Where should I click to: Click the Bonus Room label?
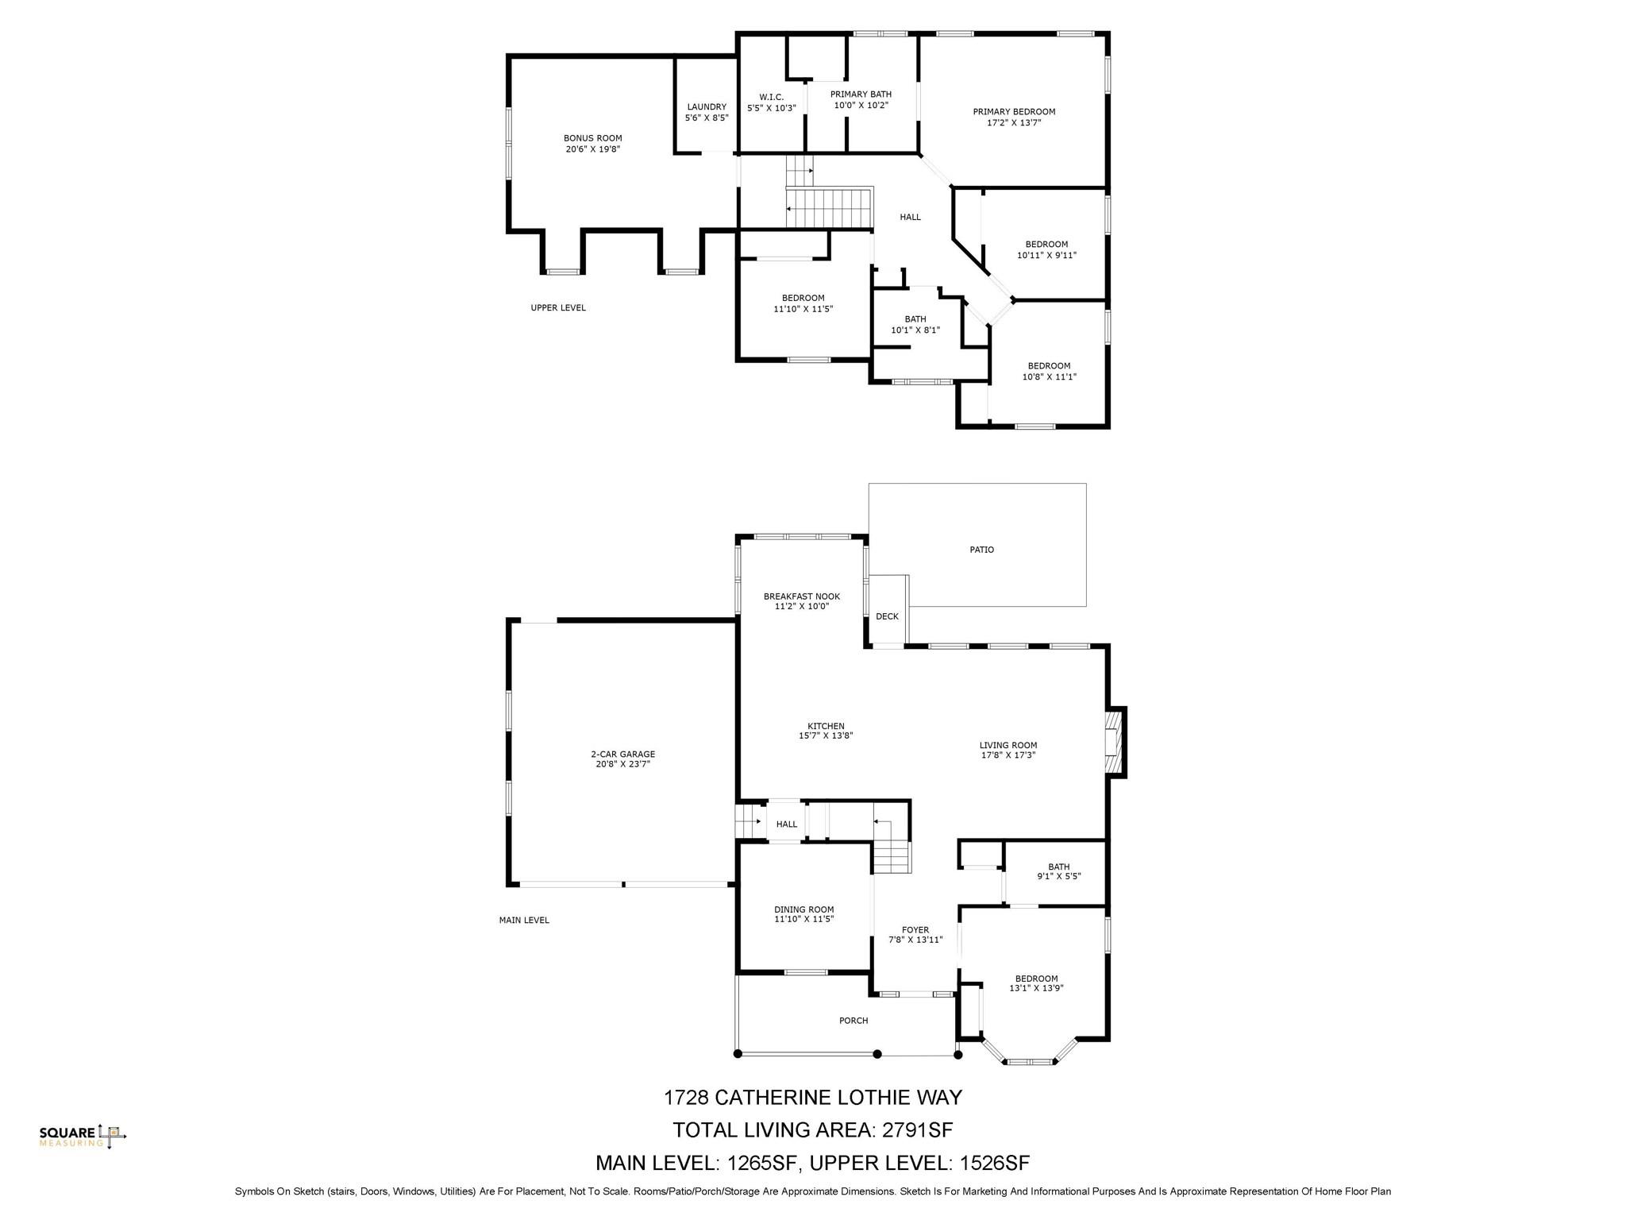coord(592,138)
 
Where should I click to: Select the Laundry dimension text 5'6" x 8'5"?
coord(707,118)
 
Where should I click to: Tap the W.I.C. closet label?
coord(771,97)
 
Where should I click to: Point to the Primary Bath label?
coord(861,95)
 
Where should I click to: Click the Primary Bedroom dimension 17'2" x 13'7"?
coord(1014,123)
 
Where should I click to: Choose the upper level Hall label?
coord(910,217)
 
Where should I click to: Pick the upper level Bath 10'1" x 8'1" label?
coord(915,324)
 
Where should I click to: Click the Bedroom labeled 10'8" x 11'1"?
coord(1049,372)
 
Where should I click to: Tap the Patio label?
coord(981,550)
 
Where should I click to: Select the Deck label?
coord(887,616)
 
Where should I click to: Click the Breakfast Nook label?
coord(801,596)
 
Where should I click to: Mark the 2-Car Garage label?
coord(622,754)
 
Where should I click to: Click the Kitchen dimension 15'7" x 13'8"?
coord(826,735)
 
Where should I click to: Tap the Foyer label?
coord(915,930)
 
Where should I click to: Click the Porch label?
coord(853,1021)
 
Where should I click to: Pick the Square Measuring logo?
coord(83,1137)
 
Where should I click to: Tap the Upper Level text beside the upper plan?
coord(558,307)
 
